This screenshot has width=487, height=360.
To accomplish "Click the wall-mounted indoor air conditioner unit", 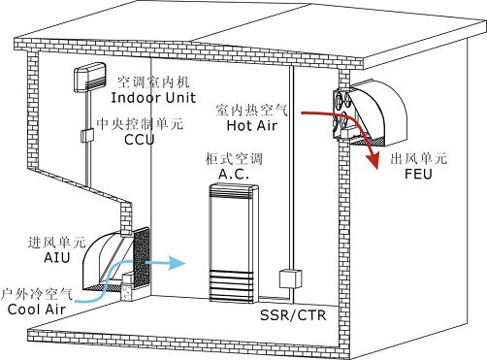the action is (x=90, y=77).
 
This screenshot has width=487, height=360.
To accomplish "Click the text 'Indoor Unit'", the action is (x=153, y=98).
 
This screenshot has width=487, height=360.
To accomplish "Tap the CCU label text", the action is (x=140, y=140).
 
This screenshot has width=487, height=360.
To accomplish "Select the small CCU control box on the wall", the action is (x=87, y=135).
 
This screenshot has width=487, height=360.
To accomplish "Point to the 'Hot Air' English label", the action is (x=252, y=125).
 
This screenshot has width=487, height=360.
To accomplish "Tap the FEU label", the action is (x=418, y=174).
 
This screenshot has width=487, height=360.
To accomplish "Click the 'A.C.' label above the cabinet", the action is (x=234, y=174).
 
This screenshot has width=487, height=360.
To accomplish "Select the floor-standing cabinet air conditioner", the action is (x=234, y=244).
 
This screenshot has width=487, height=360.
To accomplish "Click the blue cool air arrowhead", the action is (x=177, y=263).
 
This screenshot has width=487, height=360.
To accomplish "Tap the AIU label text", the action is (x=57, y=258).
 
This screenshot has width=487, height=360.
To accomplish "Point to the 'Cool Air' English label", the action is (x=37, y=310).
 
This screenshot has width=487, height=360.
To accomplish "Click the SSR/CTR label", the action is (x=293, y=314).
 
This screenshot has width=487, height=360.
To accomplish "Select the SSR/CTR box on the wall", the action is (x=290, y=278).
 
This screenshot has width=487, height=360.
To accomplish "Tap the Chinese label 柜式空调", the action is (x=234, y=159).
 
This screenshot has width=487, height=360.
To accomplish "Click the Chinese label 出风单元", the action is (x=419, y=158).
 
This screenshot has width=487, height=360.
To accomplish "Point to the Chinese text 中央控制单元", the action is (x=140, y=124).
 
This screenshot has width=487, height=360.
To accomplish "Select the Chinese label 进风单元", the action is (x=56, y=243).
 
